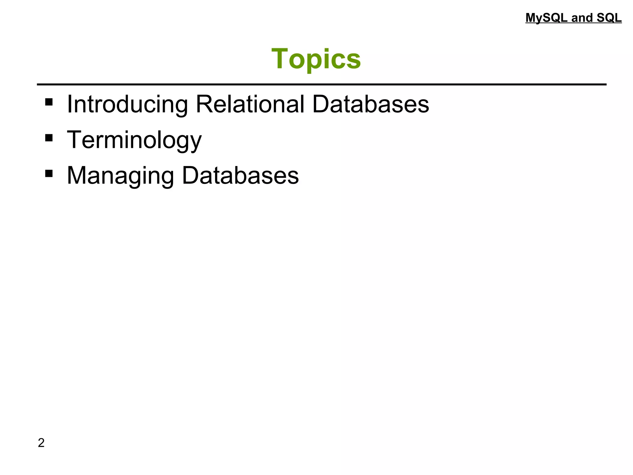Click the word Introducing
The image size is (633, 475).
[x=127, y=105]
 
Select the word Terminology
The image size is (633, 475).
[x=134, y=140]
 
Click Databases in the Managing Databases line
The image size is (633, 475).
[x=240, y=175]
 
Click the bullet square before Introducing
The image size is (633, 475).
[x=49, y=102]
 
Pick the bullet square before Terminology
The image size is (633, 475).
[x=49, y=138]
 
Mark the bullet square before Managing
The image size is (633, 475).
[x=49, y=173]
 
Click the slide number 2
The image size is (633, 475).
[x=41, y=443]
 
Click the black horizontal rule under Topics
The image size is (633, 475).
[x=321, y=84]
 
